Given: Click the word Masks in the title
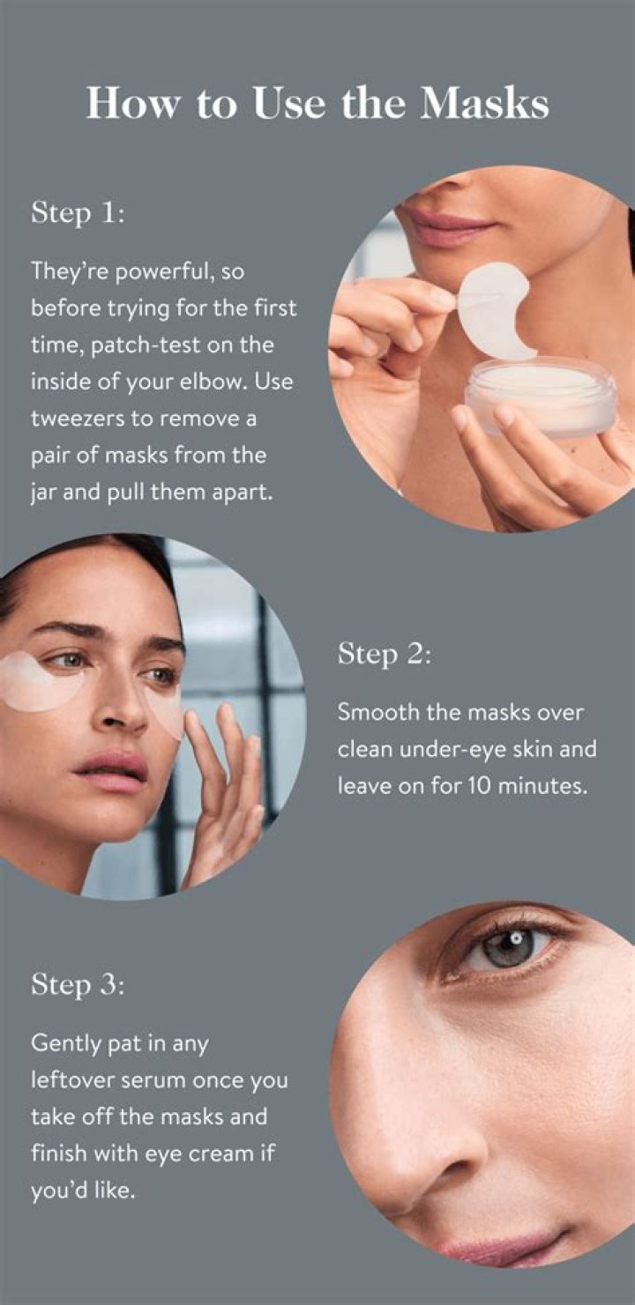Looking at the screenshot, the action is [x=485, y=104].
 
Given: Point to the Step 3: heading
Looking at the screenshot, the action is [x=77, y=984].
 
